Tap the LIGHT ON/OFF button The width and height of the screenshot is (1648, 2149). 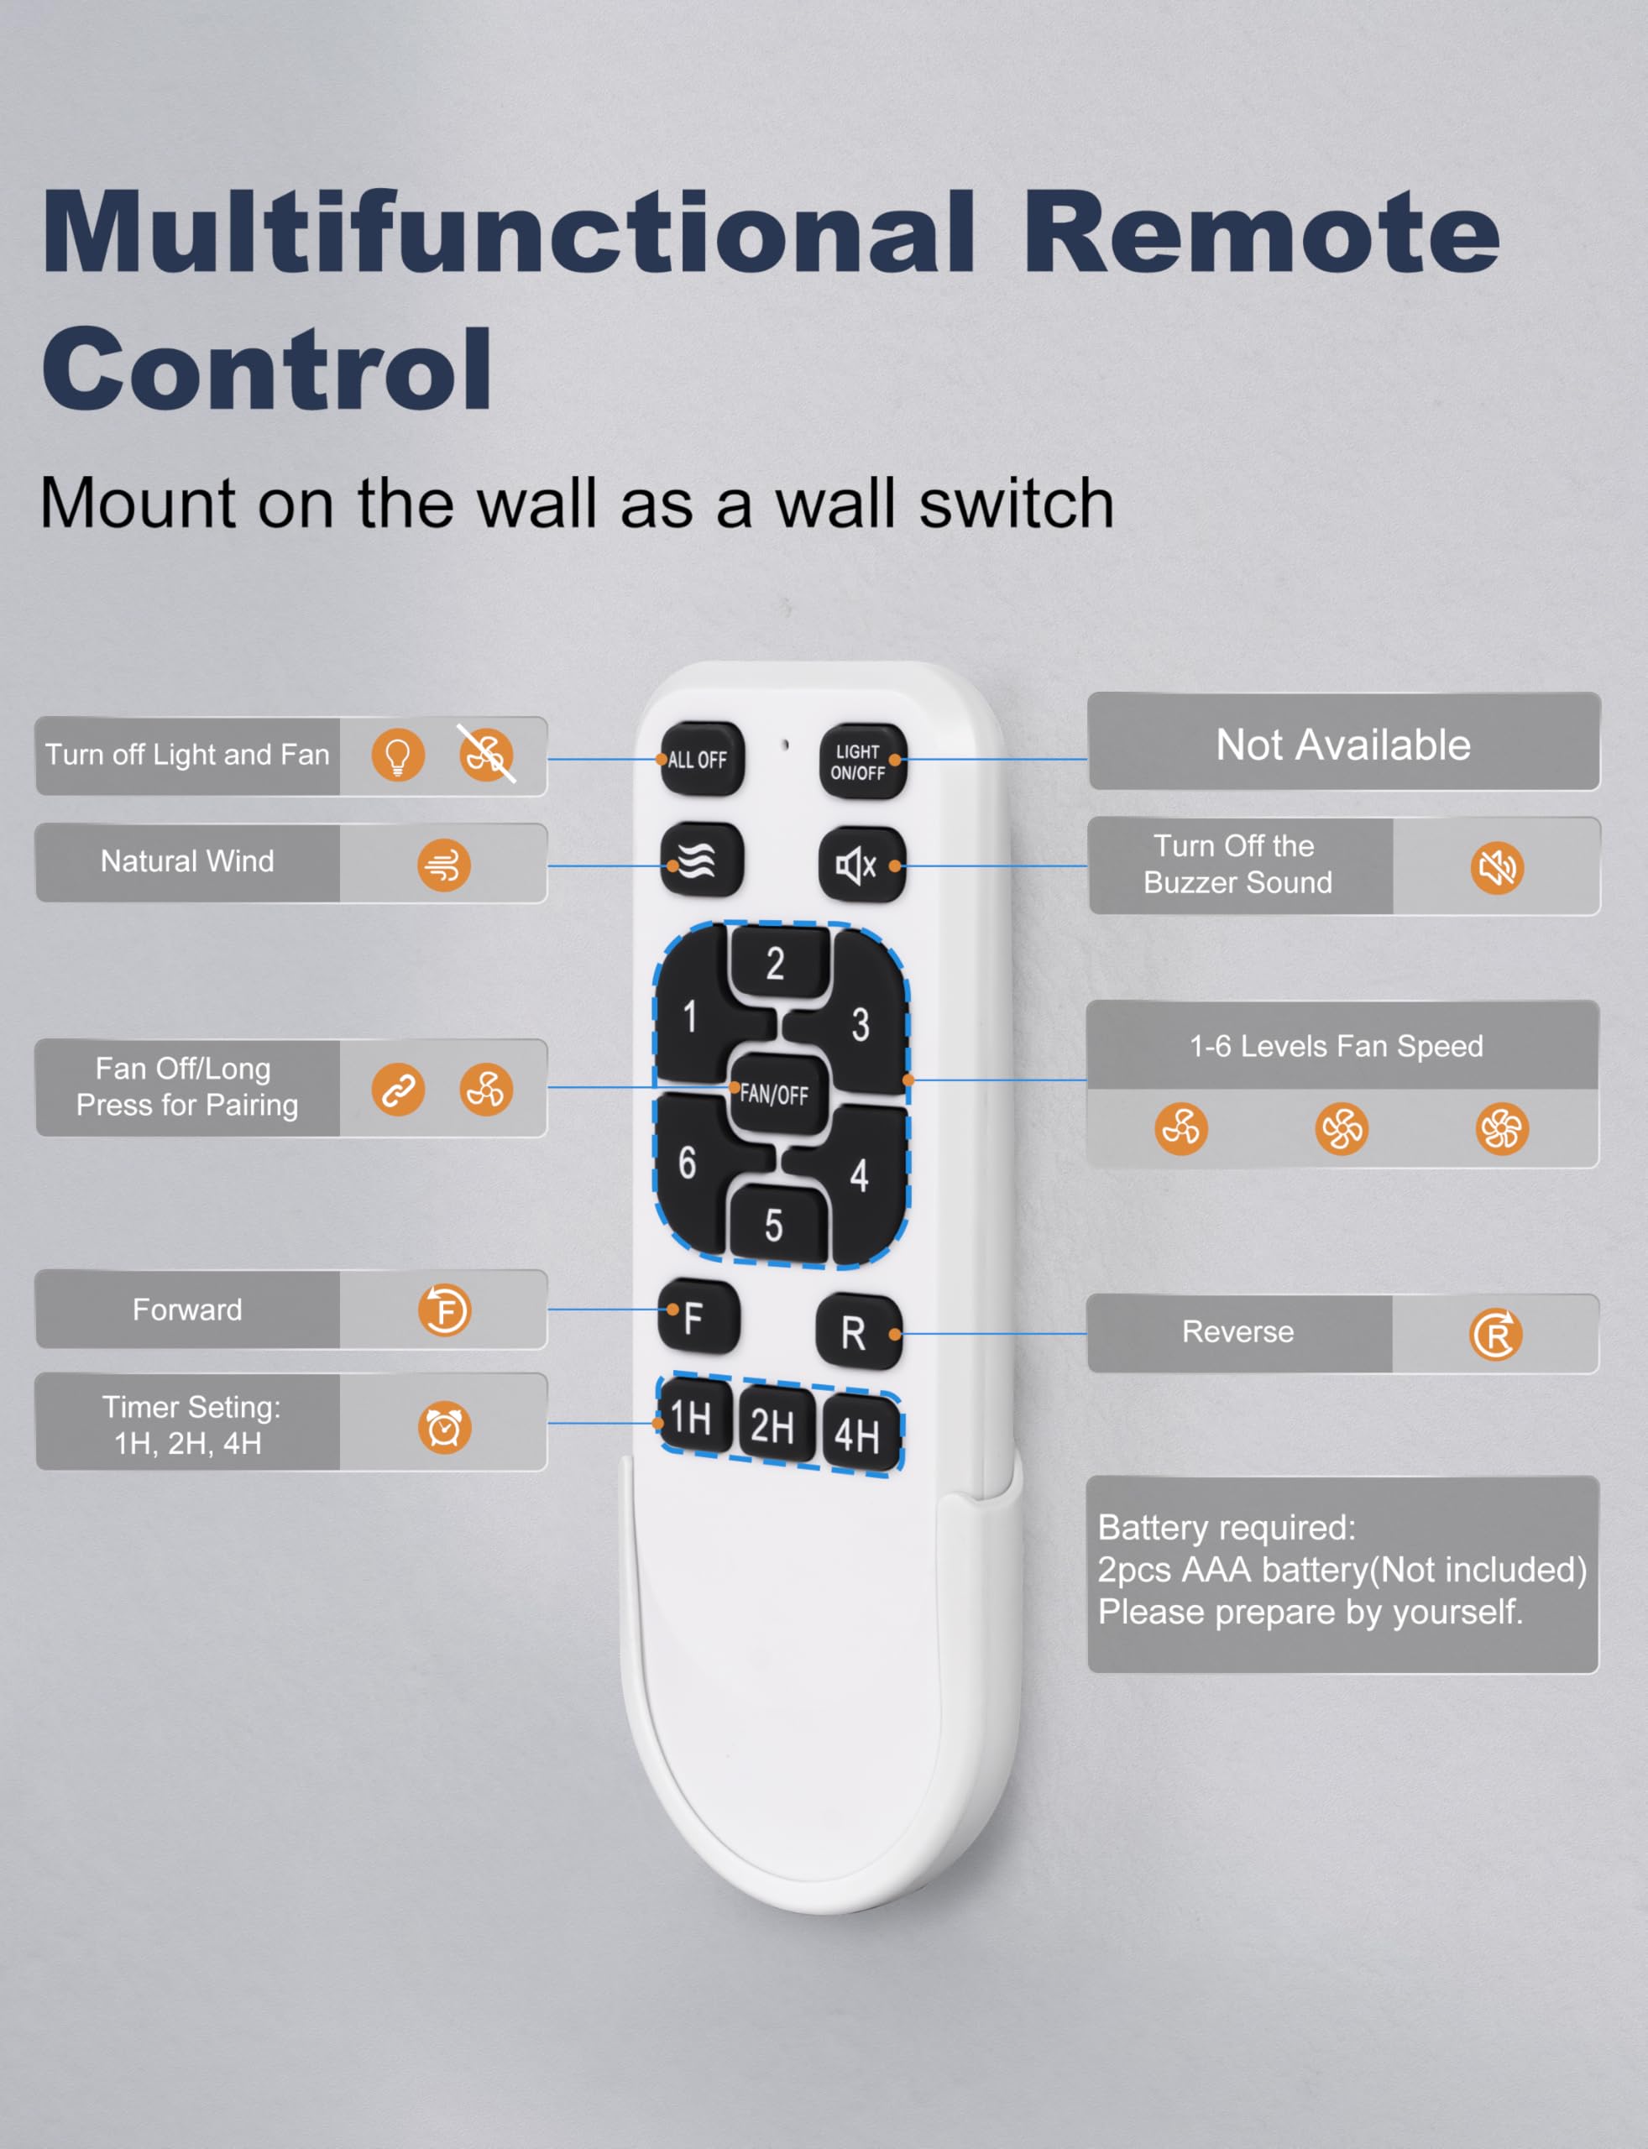tap(862, 761)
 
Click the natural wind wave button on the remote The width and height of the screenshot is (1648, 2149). tap(701, 860)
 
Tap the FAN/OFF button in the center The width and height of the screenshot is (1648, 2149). tap(775, 1094)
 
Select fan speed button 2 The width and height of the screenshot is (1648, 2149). tap(776, 965)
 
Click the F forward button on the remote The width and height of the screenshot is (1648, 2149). tap(698, 1316)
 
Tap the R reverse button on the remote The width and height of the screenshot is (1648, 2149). tap(858, 1332)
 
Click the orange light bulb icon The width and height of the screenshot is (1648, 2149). tap(397, 756)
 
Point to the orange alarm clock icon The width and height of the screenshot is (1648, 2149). tap(444, 1427)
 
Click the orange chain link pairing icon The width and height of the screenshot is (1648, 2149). tap(397, 1090)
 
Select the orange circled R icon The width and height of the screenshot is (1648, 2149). tap(1496, 1334)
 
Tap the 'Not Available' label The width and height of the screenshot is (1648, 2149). tap(1343, 745)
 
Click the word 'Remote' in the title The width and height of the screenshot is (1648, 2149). tap(1260, 233)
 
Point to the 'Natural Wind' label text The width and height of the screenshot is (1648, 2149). tap(187, 861)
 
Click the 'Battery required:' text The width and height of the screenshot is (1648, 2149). tap(1227, 1527)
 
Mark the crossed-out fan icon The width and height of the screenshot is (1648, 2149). tap(487, 755)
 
